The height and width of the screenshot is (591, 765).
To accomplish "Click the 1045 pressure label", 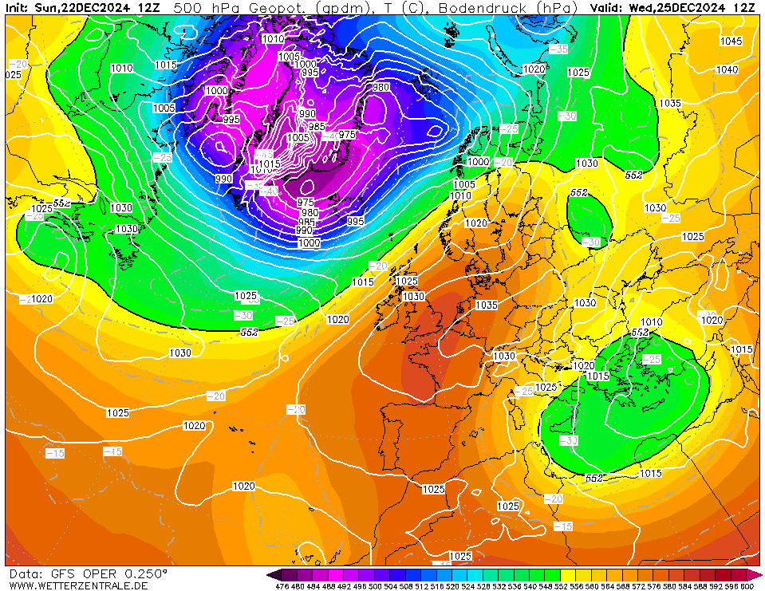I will pos(731,41).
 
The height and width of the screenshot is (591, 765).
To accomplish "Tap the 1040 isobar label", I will pos(727,70).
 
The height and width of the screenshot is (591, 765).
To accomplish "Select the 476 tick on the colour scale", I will pos(282,586).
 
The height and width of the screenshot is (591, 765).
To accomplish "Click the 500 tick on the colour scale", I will pos(374,586).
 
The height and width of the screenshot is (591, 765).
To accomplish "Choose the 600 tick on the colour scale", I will pos(746,586).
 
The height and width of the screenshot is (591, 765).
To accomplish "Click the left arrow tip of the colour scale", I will pos(270,574).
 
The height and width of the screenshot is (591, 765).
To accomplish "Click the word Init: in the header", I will pos(18,7).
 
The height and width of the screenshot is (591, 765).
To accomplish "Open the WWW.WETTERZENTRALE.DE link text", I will pos(78,585).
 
